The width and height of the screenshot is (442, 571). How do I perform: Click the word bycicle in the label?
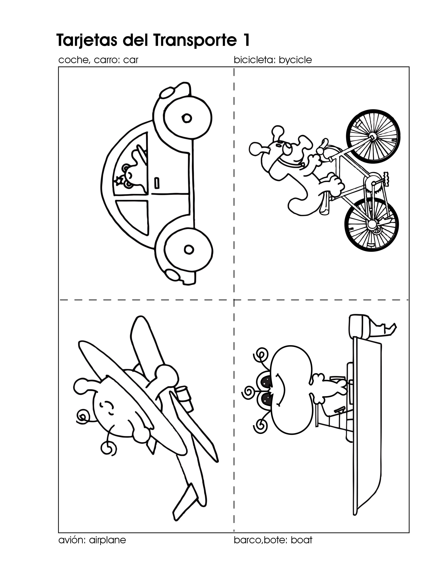[x=295, y=60]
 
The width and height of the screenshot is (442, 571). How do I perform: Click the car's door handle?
[x=157, y=183]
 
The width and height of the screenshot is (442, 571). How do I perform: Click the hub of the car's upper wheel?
[x=187, y=118]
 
